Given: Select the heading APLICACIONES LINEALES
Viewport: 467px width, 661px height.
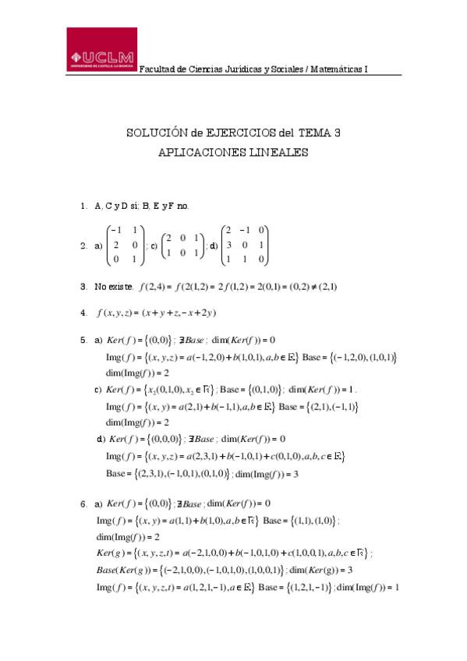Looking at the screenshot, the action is [x=233, y=154].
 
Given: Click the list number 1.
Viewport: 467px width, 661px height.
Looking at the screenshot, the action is [x=83, y=207].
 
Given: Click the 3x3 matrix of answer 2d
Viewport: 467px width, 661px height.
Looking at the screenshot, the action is [x=245, y=245].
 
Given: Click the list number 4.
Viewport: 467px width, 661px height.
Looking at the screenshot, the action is [x=83, y=313].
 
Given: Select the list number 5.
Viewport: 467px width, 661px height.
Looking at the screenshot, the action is [x=83, y=340].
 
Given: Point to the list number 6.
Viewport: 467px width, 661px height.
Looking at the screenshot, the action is [x=83, y=503].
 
